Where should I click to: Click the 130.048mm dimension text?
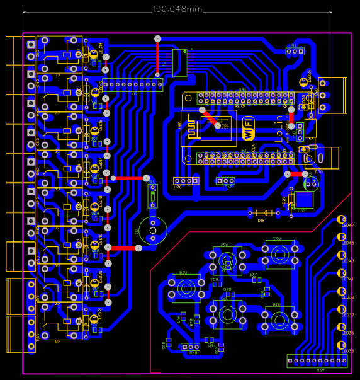(x=177, y=9)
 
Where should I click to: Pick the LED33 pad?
(x=342, y=345)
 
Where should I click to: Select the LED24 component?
(x=303, y=81)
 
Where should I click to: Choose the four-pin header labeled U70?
(x=186, y=181)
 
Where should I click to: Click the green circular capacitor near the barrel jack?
(x=312, y=183)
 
